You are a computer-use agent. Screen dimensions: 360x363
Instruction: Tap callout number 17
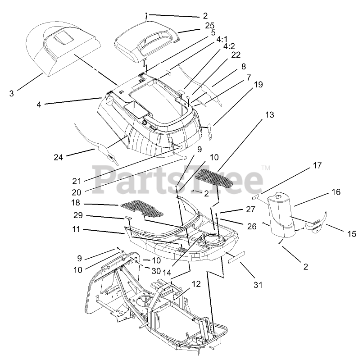(x=304, y=166)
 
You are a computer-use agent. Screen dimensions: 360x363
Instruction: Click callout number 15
(x=352, y=233)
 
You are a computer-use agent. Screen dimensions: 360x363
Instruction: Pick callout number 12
(x=195, y=284)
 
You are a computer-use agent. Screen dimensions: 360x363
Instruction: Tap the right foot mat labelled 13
(x=209, y=179)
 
